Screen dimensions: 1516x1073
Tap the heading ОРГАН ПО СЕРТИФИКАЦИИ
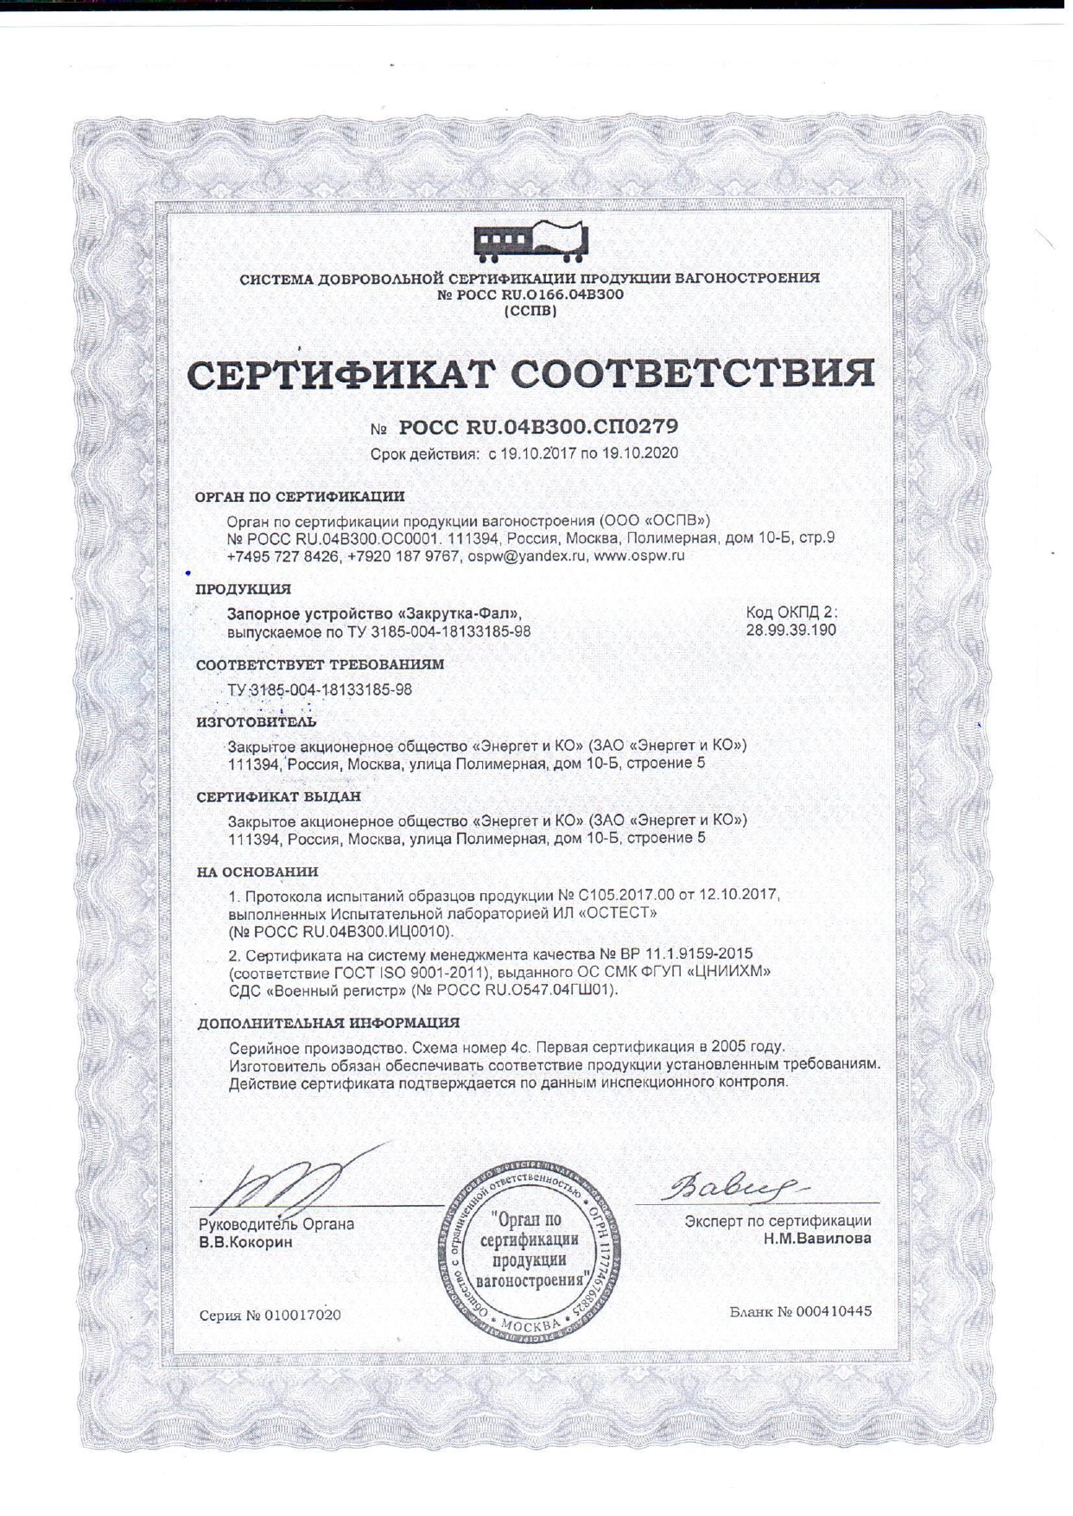(300, 497)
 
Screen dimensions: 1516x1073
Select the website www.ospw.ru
(639, 557)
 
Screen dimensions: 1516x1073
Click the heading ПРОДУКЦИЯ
(243, 589)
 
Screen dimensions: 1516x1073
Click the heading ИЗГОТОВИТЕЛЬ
(256, 721)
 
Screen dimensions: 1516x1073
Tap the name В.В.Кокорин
(246, 1243)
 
